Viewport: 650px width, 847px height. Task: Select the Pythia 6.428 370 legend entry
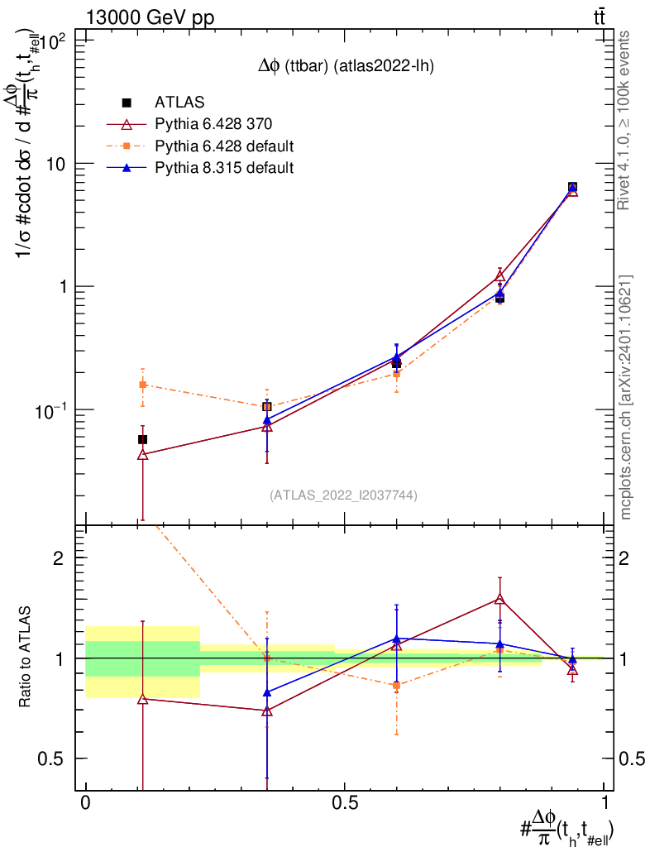point(213,124)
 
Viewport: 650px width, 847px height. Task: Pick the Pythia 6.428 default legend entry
point(224,146)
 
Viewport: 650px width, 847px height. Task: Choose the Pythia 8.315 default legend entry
point(224,168)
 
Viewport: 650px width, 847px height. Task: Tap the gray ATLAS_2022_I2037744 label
point(343,495)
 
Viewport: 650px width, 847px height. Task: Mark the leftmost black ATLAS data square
point(142,439)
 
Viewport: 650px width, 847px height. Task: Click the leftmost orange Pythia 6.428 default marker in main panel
point(142,385)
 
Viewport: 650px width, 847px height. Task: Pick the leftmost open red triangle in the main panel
point(142,454)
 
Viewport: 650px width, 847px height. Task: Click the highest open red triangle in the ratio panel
point(499,599)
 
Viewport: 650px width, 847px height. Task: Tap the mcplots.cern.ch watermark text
point(626,397)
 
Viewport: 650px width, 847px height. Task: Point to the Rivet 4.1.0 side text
point(626,121)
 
